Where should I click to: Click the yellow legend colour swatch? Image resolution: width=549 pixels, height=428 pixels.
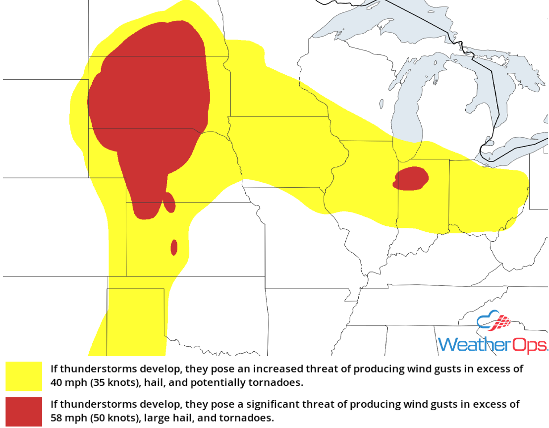pos(24,376)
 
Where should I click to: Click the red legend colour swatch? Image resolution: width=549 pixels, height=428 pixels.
pos(24,411)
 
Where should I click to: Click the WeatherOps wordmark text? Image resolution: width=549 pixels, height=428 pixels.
pos(493,344)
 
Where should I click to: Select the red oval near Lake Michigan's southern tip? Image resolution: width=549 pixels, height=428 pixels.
pos(411,179)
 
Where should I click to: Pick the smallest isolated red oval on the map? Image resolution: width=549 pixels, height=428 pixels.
pos(174,247)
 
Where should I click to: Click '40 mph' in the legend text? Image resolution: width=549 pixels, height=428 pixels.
pos(66,383)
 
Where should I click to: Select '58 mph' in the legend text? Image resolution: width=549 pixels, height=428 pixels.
pos(66,418)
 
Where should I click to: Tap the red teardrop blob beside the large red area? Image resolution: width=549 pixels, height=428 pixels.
pos(169,203)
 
